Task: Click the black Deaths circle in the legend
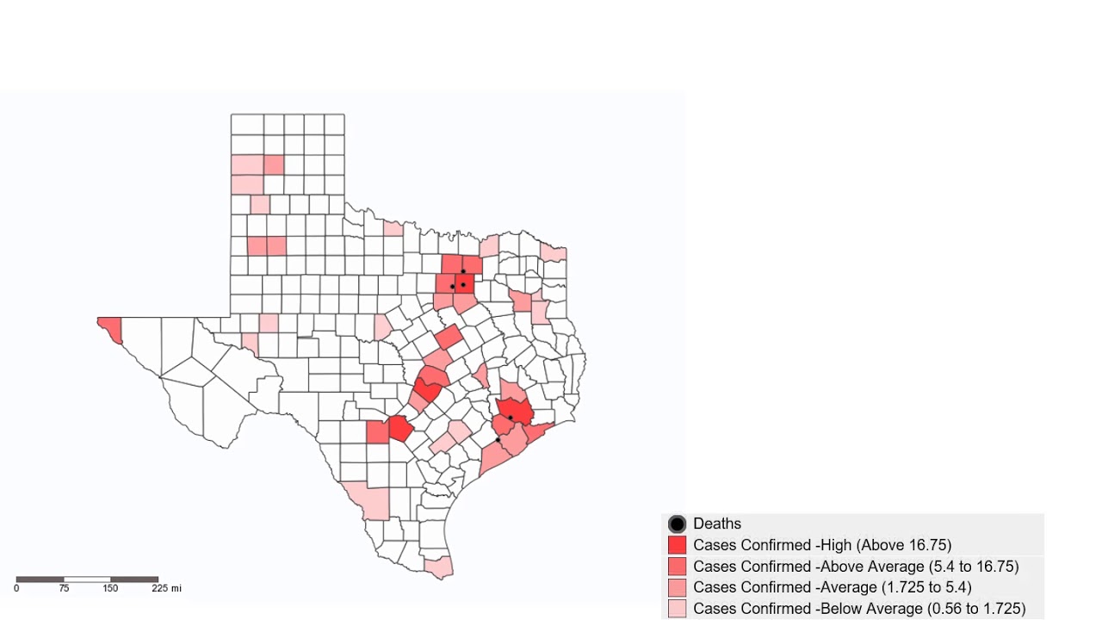point(677,524)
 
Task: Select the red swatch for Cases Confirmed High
point(677,545)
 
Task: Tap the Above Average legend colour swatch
point(677,567)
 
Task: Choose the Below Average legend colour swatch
point(677,609)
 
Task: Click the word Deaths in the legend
point(716,524)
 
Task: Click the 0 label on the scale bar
point(16,589)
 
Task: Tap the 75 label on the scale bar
point(64,589)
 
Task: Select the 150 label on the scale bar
point(110,589)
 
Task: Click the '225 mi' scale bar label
point(166,589)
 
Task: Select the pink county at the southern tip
point(440,567)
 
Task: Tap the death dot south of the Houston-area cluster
point(498,440)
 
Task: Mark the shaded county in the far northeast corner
point(553,252)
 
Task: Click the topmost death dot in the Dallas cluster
point(463,271)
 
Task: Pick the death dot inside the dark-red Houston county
point(511,418)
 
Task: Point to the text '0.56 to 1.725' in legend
point(969,609)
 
